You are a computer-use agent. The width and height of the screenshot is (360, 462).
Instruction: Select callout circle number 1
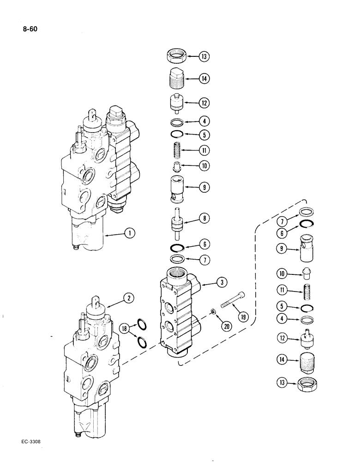(x=131, y=234)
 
